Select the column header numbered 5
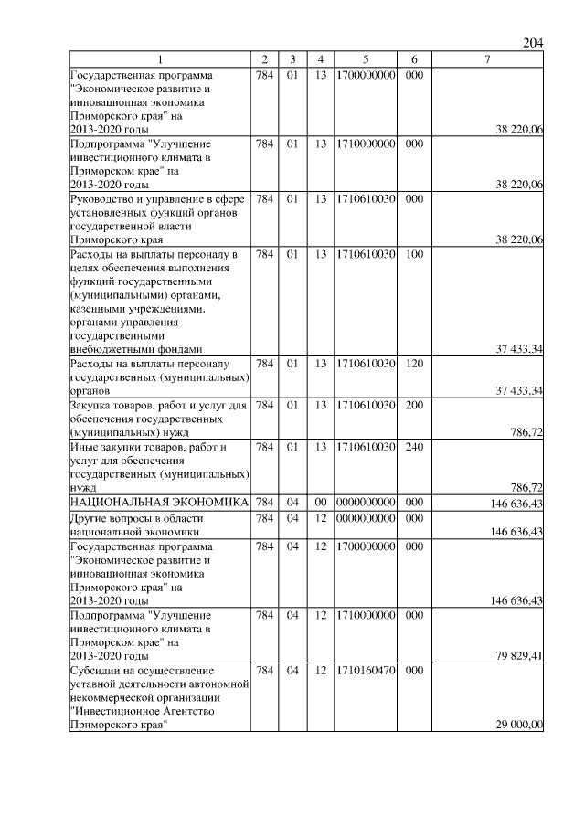click(x=365, y=59)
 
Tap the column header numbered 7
click(x=487, y=59)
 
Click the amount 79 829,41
click(x=517, y=655)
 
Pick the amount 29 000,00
click(x=517, y=725)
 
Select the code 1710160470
click(x=365, y=672)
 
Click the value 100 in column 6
click(x=413, y=253)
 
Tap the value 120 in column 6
click(x=413, y=364)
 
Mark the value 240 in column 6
click(x=413, y=447)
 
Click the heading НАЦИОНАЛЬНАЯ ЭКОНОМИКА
click(x=159, y=502)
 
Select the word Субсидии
click(x=94, y=672)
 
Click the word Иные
click(x=84, y=447)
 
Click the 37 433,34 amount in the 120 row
click(x=517, y=391)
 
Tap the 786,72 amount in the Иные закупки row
click(x=526, y=488)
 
